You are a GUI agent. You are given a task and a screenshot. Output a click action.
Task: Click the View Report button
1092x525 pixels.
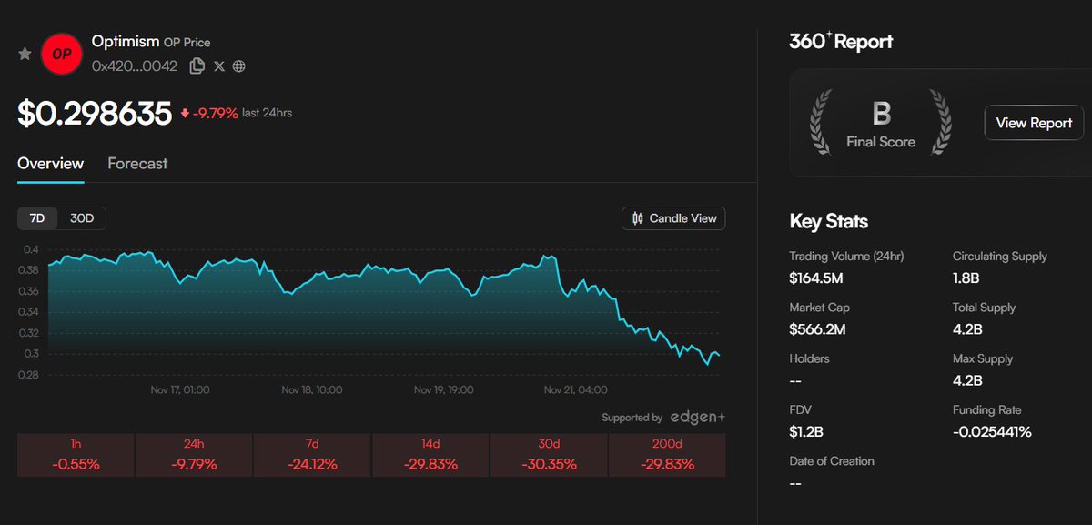click(1033, 123)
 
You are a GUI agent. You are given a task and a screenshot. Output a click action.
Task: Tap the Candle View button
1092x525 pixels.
click(673, 218)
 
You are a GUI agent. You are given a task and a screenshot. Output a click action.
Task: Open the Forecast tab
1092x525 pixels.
click(137, 164)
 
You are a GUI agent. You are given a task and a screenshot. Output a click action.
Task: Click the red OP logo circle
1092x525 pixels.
click(62, 54)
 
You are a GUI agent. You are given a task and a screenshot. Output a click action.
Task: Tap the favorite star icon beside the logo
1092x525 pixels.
click(25, 55)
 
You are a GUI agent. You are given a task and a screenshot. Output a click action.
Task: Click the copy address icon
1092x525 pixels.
click(197, 66)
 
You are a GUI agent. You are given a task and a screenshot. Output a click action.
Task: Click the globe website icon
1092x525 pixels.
click(238, 66)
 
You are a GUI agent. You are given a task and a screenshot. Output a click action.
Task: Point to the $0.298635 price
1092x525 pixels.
click(95, 114)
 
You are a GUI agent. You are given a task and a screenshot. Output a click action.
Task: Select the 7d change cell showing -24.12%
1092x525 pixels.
click(312, 455)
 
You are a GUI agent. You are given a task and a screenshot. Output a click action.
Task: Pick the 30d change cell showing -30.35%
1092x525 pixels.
click(549, 455)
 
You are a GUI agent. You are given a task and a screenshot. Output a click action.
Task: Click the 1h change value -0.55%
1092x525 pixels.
click(76, 464)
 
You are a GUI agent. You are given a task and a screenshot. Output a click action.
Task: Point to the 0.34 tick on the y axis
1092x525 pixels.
click(31, 312)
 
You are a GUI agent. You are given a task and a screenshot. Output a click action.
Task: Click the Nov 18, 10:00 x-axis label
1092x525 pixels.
click(312, 389)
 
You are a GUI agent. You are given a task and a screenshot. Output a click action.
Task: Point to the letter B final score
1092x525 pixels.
click(881, 114)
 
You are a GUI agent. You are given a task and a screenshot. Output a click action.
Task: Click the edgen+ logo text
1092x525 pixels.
click(698, 418)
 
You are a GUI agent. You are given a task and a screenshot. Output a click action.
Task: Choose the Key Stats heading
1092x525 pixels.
click(828, 221)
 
